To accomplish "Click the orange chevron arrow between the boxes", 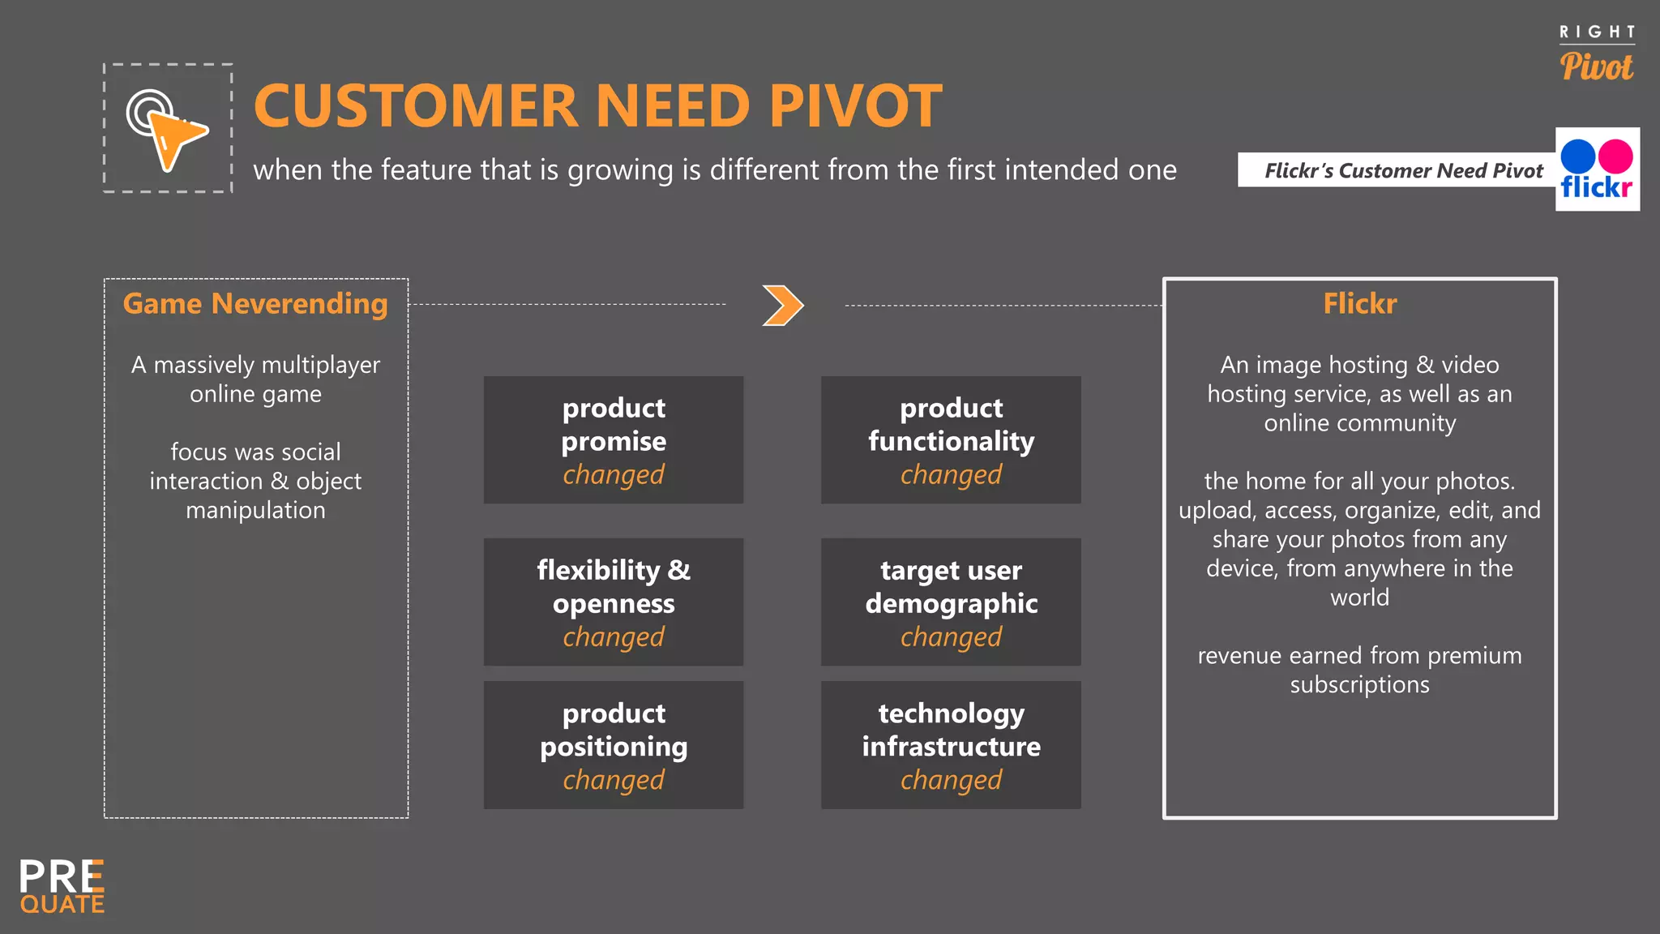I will (783, 306).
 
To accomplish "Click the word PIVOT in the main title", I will (855, 106).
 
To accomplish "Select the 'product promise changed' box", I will (614, 440).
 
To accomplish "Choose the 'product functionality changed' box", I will (951, 440).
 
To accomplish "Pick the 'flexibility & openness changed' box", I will (614, 602).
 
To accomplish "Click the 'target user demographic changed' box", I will (951, 602).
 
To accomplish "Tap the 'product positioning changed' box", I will (614, 745).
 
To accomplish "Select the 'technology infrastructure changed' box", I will (951, 745).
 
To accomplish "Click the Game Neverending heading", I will (255, 304).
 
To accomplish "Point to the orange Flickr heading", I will (1359, 304).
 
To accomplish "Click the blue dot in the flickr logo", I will (1578, 156).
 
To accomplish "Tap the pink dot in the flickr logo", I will (1616, 156).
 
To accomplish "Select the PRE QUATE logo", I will (62, 887).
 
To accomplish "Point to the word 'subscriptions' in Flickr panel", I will (1359, 685).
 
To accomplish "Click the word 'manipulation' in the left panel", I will (255, 511).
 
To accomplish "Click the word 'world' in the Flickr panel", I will (1359, 598).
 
